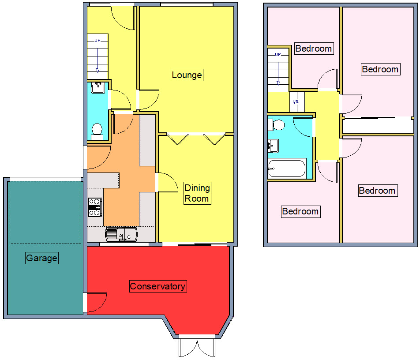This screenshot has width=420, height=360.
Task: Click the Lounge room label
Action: click(x=187, y=75)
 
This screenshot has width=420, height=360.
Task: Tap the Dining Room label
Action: click(x=197, y=193)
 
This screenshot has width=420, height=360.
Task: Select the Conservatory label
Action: click(x=157, y=286)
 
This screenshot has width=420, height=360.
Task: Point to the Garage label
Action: click(x=41, y=258)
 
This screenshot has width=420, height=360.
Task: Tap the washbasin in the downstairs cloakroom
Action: click(x=97, y=88)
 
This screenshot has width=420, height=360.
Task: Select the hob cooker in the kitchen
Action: click(x=94, y=207)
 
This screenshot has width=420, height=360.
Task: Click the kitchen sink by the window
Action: click(x=121, y=234)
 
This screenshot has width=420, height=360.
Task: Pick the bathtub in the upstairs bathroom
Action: click(x=287, y=169)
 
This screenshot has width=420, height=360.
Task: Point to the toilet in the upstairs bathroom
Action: click(x=278, y=124)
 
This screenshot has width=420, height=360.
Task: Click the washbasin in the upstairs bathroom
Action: click(x=273, y=145)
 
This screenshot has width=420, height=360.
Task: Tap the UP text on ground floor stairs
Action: click(x=97, y=41)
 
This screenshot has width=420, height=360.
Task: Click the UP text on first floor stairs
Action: click(x=278, y=55)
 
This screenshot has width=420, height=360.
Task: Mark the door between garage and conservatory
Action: click(x=95, y=302)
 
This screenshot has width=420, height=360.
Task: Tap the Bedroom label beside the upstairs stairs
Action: click(x=314, y=49)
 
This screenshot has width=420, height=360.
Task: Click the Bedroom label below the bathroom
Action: click(x=300, y=211)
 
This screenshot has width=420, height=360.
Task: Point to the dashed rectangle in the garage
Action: click(x=45, y=212)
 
